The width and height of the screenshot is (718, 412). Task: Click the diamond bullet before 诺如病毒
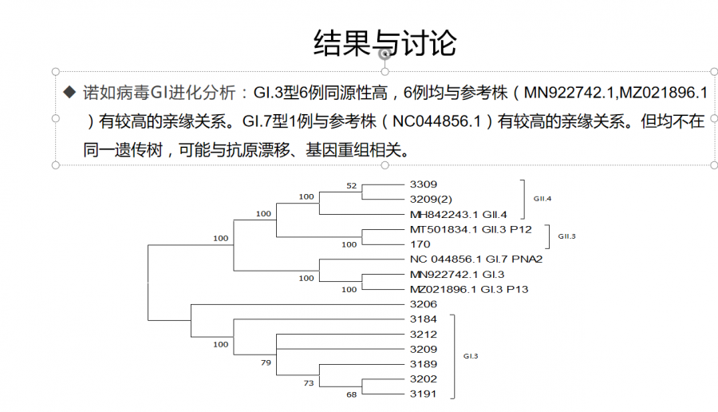point(69,92)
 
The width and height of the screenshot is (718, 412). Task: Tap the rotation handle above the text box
point(385,53)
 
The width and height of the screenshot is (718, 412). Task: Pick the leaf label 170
point(419,244)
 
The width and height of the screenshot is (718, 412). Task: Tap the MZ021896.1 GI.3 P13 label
point(468,289)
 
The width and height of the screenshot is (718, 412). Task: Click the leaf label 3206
point(423,304)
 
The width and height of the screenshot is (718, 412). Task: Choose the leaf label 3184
point(423,319)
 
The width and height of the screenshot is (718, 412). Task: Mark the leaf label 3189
point(423,364)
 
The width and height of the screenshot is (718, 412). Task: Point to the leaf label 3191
point(423,394)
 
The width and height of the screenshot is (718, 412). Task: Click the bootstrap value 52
point(351,185)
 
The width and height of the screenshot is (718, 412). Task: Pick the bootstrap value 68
point(351,394)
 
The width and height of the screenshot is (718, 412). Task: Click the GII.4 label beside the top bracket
point(542,199)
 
